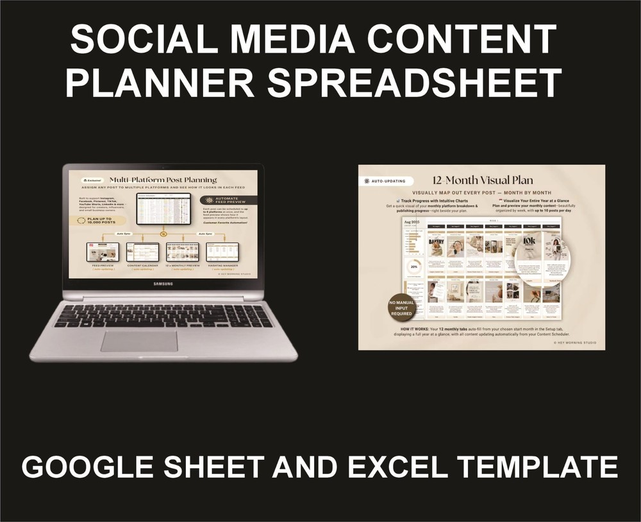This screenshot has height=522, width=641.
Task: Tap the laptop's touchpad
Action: (x=139, y=341)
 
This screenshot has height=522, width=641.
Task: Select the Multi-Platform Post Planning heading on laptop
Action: (x=163, y=180)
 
